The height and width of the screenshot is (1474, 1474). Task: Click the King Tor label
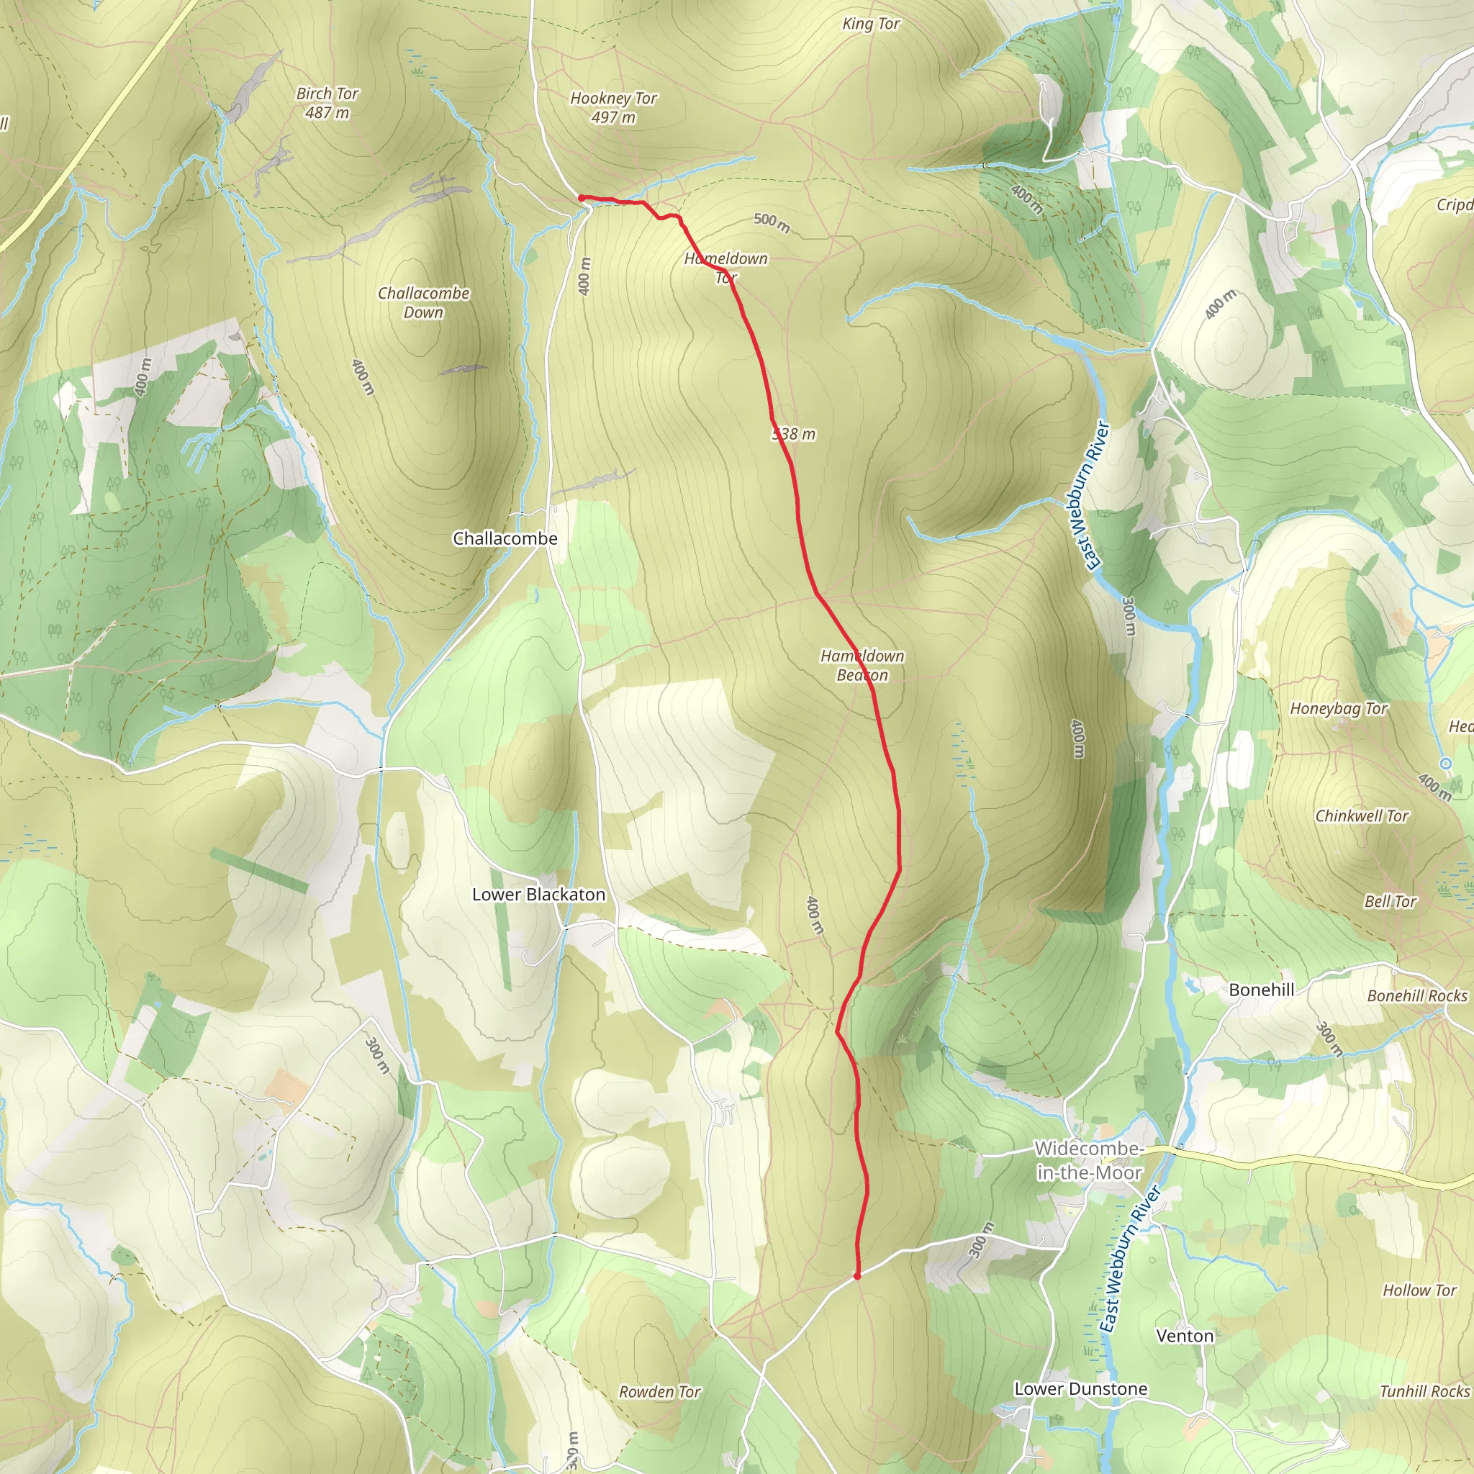point(871,24)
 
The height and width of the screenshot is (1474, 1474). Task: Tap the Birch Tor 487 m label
point(327,103)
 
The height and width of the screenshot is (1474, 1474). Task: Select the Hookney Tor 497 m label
point(613,107)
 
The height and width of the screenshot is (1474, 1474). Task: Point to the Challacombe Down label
point(423,302)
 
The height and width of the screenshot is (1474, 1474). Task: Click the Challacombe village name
point(505,538)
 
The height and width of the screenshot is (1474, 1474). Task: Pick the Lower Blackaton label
point(538,894)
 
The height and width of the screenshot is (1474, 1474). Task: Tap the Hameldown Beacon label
point(862,665)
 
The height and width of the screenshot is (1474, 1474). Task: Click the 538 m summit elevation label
point(795,434)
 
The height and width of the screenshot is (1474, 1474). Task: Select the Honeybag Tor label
point(1338,709)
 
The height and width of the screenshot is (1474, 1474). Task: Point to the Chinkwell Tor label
point(1362,815)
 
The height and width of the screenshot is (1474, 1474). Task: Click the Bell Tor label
point(1390,901)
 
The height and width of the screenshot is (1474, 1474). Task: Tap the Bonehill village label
point(1261,990)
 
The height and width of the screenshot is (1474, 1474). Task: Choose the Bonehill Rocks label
point(1416,995)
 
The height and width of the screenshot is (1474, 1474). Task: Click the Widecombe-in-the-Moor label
point(1089,1160)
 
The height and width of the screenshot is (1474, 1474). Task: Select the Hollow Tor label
point(1419,1290)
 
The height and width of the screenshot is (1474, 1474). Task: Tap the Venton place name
point(1184,1336)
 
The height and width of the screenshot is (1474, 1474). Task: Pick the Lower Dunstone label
point(1080,1388)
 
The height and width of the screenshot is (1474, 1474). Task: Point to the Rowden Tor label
point(659,1392)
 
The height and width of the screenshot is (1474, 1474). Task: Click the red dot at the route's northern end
point(582,199)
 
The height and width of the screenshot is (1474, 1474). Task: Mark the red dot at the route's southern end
point(856,1275)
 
